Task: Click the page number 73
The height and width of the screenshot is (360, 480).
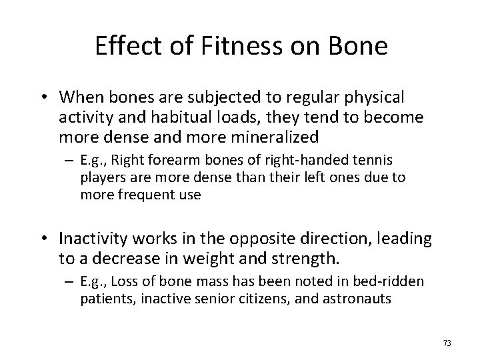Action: click(447, 343)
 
